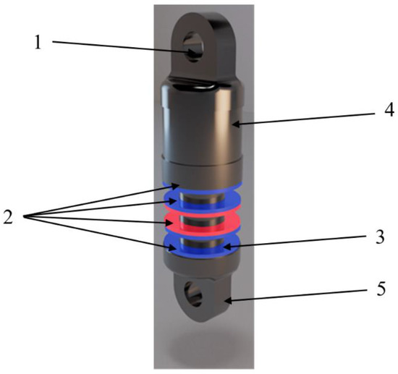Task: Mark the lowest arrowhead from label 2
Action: click(x=175, y=247)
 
